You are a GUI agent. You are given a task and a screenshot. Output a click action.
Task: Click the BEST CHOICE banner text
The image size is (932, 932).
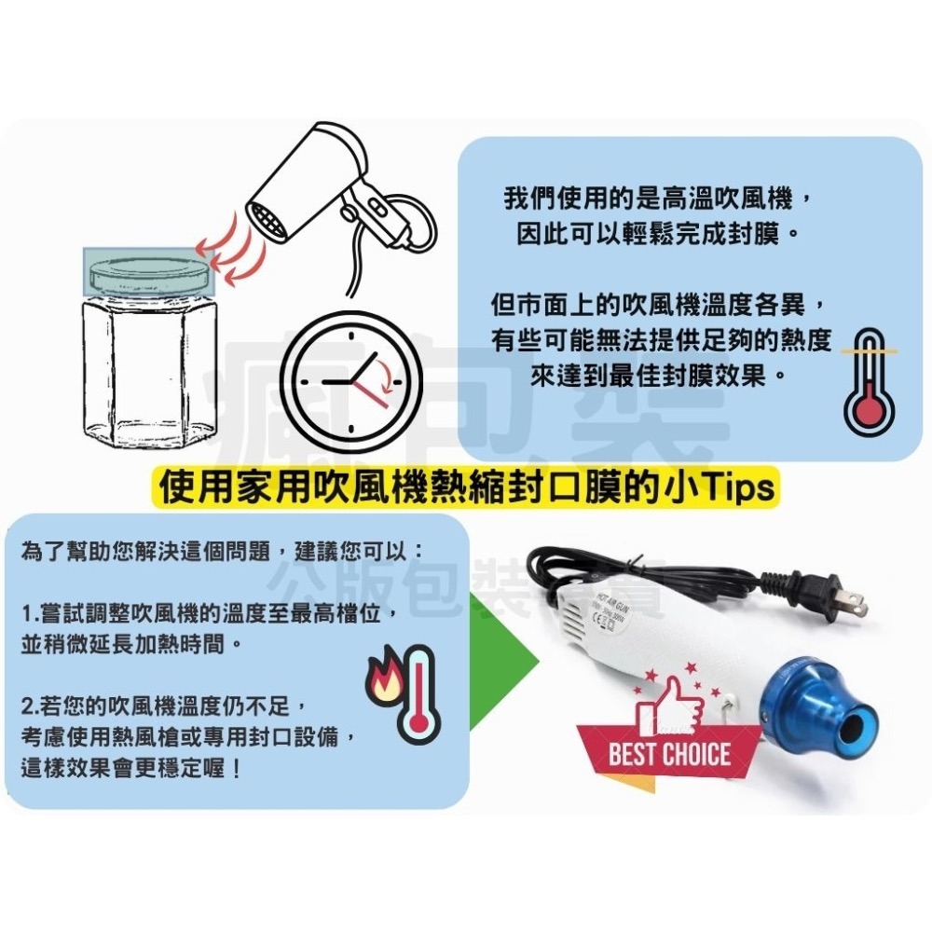click(x=669, y=753)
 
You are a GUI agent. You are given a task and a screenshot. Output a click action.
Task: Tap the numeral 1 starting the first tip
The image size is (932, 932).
click(x=27, y=615)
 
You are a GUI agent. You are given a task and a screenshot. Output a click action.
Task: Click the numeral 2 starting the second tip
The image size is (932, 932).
click(x=27, y=697)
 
